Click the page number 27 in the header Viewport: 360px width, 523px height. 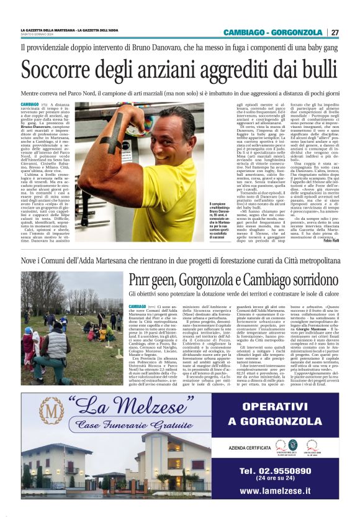coord(335,32)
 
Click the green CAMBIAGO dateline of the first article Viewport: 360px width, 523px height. coord(30,104)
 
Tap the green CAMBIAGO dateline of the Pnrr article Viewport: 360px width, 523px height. coord(137,307)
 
